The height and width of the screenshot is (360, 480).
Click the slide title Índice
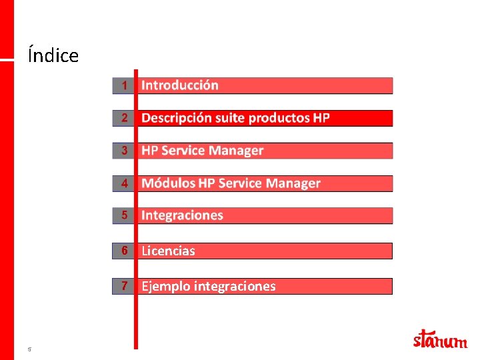click(53, 55)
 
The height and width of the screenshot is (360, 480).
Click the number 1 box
click(123, 85)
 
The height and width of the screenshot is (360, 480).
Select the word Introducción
click(180, 85)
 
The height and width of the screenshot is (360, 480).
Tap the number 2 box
click(123, 118)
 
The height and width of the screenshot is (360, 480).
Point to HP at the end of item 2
click(321, 118)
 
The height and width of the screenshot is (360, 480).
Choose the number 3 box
click(123, 151)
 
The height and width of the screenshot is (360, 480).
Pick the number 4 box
click(123, 183)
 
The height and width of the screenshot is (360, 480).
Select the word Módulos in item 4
click(168, 183)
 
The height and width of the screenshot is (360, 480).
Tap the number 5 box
click(123, 215)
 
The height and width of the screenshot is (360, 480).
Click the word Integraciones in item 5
click(182, 215)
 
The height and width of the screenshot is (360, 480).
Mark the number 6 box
click(123, 251)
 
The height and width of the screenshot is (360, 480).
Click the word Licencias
click(168, 251)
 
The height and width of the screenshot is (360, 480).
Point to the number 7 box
click(123, 286)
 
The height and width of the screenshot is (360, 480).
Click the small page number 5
click(29, 349)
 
